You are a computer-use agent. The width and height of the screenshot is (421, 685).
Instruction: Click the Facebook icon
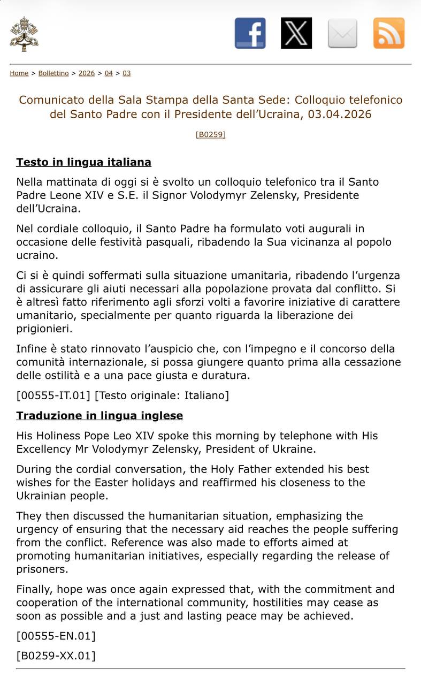250,33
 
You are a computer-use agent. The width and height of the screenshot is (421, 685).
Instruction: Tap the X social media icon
296,33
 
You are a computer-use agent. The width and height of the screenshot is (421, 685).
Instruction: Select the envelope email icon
342,33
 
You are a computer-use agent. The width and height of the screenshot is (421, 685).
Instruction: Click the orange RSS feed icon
389,33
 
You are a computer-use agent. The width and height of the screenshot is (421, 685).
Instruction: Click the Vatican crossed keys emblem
24,34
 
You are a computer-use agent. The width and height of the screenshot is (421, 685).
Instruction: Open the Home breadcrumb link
19,73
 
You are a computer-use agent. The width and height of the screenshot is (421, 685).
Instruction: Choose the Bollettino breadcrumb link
53,73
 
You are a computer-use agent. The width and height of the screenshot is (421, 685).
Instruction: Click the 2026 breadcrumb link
87,73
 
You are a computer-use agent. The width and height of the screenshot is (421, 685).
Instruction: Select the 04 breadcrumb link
109,73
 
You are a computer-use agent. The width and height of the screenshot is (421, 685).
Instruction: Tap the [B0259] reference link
211,134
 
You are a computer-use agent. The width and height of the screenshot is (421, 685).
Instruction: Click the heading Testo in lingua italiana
83,162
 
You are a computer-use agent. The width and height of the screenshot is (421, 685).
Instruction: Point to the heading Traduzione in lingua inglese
99,416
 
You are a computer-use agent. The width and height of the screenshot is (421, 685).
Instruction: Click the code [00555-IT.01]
53,396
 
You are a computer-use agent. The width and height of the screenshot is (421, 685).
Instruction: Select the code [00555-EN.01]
56,636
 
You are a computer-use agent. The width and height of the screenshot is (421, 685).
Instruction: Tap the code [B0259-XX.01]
56,656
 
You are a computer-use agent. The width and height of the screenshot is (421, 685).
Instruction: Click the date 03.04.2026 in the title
339,115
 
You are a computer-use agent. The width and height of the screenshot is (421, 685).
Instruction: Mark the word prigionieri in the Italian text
44,329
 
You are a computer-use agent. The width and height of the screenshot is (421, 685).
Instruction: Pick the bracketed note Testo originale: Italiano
162,396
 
